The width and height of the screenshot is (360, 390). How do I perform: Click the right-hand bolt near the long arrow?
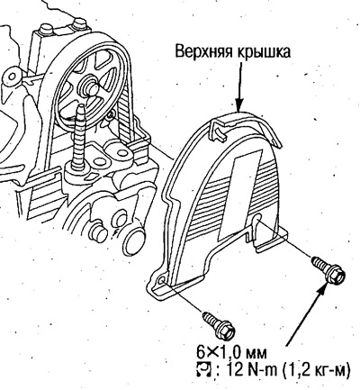click(328, 270)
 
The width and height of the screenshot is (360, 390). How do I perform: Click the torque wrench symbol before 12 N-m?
click(204, 369)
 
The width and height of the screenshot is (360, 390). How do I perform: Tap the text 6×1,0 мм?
click(231, 352)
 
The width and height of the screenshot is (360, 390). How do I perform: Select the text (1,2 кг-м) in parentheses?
click(316, 369)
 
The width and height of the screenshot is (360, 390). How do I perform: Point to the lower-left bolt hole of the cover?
click(161, 280)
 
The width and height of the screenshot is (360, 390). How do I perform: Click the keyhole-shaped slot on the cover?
click(257, 220)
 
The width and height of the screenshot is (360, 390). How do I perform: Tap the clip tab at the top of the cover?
click(220, 129)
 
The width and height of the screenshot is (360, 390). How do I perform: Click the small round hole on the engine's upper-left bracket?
click(12, 77)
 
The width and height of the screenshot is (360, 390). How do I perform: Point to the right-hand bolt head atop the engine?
click(79, 23)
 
